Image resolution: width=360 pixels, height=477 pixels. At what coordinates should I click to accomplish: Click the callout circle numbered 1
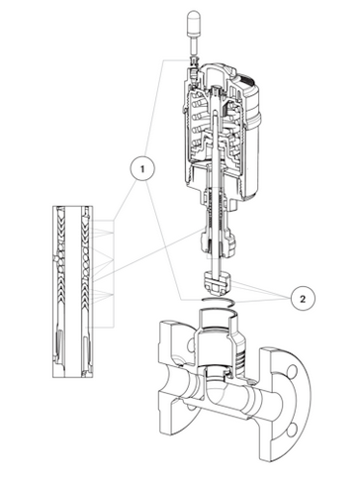[142, 169]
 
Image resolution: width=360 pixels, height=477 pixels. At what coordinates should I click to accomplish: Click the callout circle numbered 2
[303, 299]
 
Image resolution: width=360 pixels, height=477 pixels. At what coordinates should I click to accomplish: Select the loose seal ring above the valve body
[218, 300]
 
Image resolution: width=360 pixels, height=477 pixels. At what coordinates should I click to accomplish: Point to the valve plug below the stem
[217, 282]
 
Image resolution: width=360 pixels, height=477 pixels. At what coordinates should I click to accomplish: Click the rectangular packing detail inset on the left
[73, 292]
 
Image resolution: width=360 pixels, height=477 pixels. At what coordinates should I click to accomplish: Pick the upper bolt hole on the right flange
[292, 371]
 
